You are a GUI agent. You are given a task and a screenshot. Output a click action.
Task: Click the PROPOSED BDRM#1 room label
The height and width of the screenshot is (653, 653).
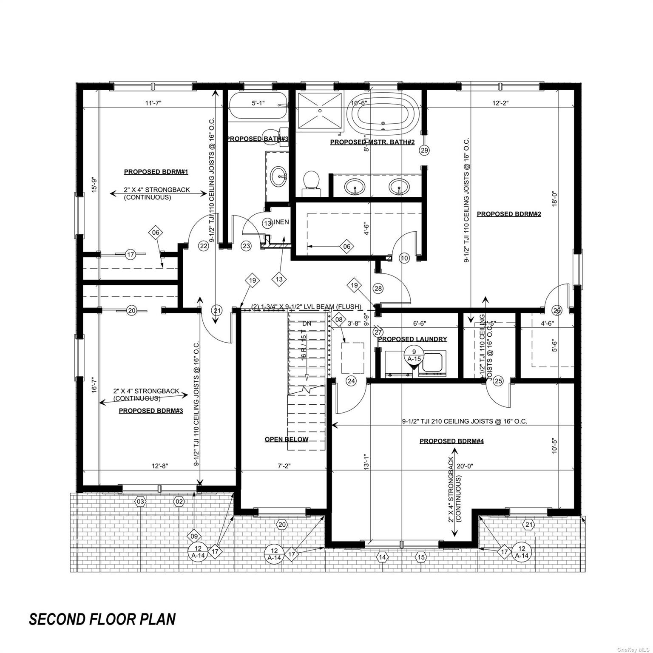[156, 172]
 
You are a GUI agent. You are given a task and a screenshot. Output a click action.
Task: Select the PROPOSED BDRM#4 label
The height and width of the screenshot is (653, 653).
[451, 441]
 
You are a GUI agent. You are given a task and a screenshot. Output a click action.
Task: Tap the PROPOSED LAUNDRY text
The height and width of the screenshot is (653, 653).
[412, 339]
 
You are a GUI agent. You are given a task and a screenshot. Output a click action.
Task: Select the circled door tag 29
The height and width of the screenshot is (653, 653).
[424, 150]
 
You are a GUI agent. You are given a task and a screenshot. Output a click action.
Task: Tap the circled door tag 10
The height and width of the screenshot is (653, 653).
[404, 258]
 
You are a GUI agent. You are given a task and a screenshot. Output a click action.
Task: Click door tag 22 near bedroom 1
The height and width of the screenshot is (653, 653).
[204, 245]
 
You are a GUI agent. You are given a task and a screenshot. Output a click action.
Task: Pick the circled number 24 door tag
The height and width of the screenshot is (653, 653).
[351, 381]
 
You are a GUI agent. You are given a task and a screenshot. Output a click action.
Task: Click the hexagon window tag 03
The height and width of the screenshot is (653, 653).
[140, 502]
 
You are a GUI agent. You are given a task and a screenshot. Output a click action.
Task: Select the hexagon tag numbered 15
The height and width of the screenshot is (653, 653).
[421, 557]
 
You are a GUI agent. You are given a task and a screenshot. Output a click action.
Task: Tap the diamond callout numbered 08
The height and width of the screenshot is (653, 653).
[338, 319]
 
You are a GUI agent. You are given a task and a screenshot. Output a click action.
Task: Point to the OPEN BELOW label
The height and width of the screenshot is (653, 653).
[286, 439]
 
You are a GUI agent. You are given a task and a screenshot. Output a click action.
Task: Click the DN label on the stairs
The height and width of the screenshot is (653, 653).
[307, 324]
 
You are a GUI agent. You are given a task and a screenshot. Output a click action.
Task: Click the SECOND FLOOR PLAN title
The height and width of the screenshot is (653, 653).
[102, 619]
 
